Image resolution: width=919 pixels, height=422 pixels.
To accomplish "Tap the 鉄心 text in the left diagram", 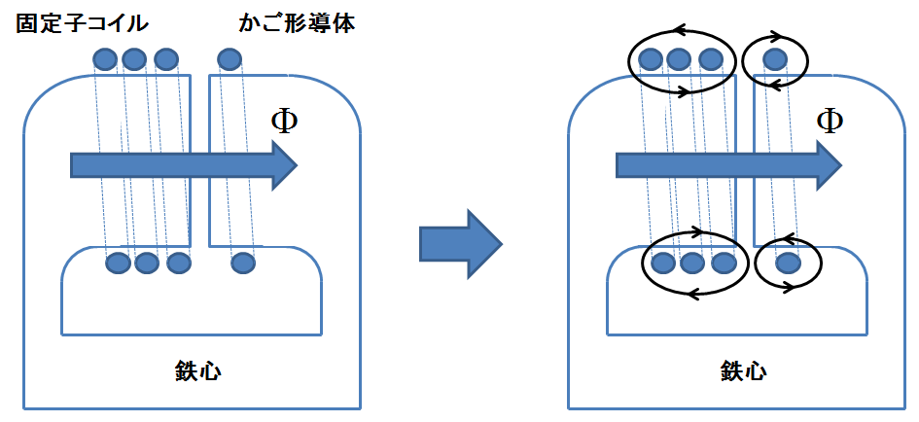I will [x=191, y=370].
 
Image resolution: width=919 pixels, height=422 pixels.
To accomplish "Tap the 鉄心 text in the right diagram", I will [x=743, y=370].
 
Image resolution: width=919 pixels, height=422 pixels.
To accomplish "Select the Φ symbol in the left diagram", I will [x=284, y=122].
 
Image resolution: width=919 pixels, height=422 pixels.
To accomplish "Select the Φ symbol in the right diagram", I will [x=830, y=122].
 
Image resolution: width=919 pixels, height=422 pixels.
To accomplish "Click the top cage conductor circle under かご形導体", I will [x=230, y=60].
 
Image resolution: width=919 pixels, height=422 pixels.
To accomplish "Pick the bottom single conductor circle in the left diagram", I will [x=242, y=263].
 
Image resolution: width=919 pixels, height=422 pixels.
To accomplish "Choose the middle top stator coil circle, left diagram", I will [x=135, y=60].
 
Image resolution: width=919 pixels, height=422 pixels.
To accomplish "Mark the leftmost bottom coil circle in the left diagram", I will [x=118, y=263].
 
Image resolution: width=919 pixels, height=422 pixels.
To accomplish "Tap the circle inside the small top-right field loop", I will [x=775, y=60].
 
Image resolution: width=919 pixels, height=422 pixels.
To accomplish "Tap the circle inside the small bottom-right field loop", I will [x=788, y=263].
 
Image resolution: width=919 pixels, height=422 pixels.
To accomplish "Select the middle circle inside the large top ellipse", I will [x=680, y=60].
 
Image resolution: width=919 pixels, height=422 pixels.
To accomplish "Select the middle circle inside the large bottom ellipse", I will [x=692, y=263].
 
